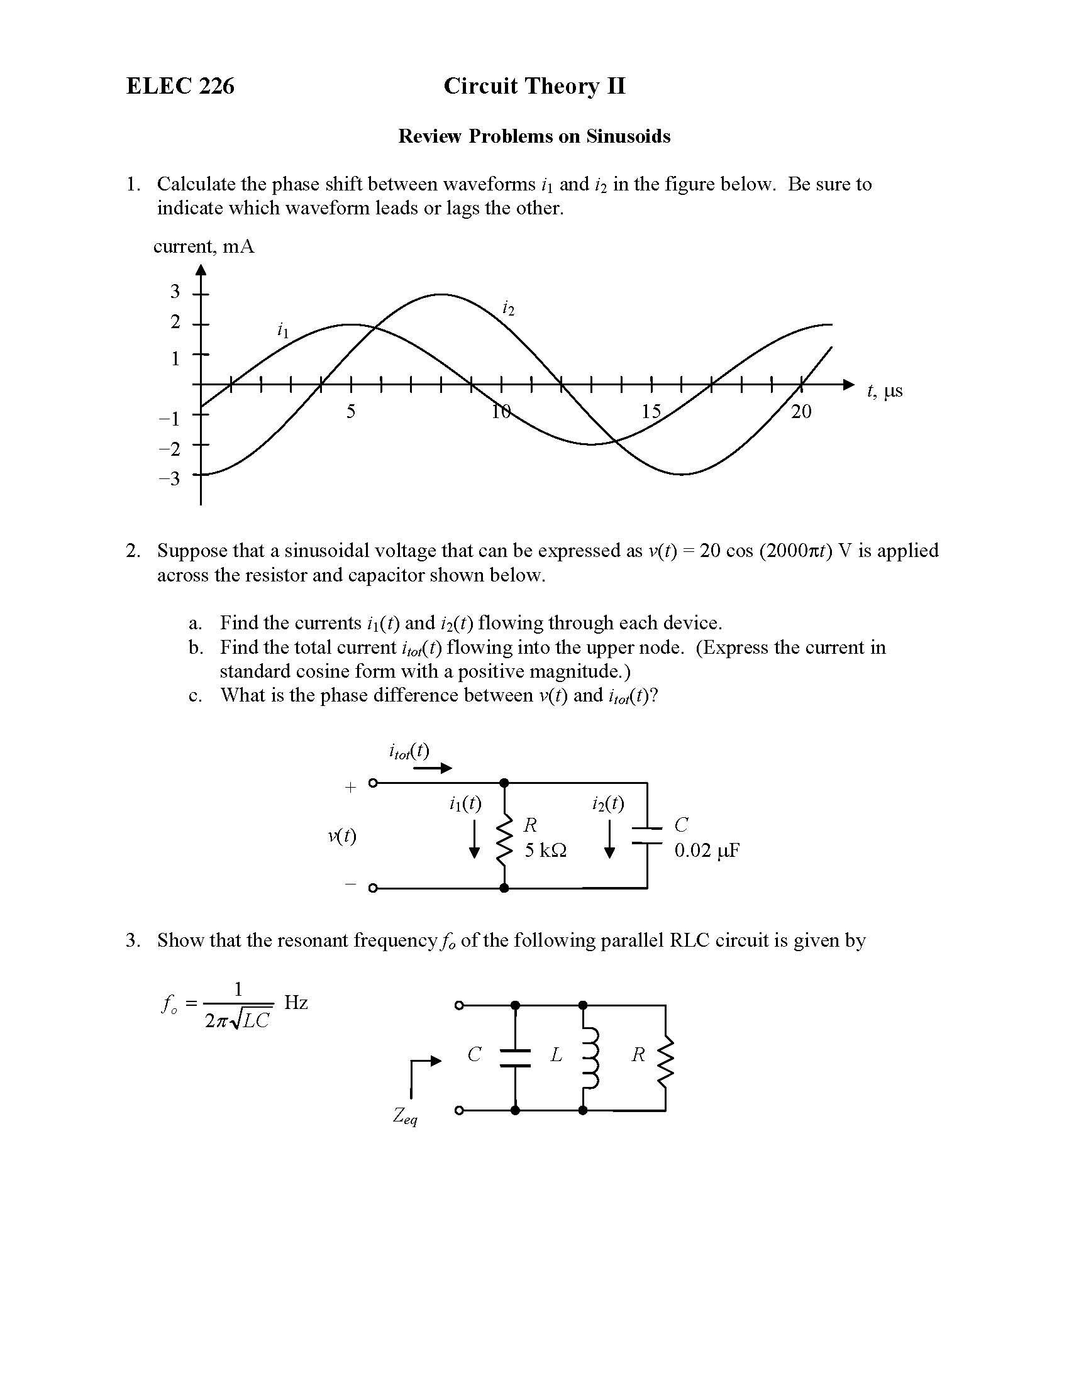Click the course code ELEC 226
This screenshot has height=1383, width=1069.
[180, 86]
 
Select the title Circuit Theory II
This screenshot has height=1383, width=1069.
[534, 86]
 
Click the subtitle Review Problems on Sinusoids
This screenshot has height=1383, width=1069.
[534, 136]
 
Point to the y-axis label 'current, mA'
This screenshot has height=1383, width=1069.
[204, 246]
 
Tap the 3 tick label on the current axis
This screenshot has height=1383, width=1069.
[175, 291]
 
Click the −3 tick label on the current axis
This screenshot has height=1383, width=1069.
[170, 478]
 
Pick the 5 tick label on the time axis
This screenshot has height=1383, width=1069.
[351, 412]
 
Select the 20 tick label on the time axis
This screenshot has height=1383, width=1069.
[801, 412]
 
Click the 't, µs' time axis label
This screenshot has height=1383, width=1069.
[885, 391]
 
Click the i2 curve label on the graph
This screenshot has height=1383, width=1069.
[508, 309]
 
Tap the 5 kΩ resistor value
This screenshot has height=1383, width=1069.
[545, 851]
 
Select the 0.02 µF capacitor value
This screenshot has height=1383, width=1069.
[707, 851]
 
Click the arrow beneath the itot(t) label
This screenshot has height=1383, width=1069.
[433, 768]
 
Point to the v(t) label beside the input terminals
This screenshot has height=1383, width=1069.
[342, 836]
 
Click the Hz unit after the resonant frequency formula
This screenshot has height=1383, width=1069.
[296, 1003]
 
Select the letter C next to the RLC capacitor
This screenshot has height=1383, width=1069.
[474, 1055]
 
